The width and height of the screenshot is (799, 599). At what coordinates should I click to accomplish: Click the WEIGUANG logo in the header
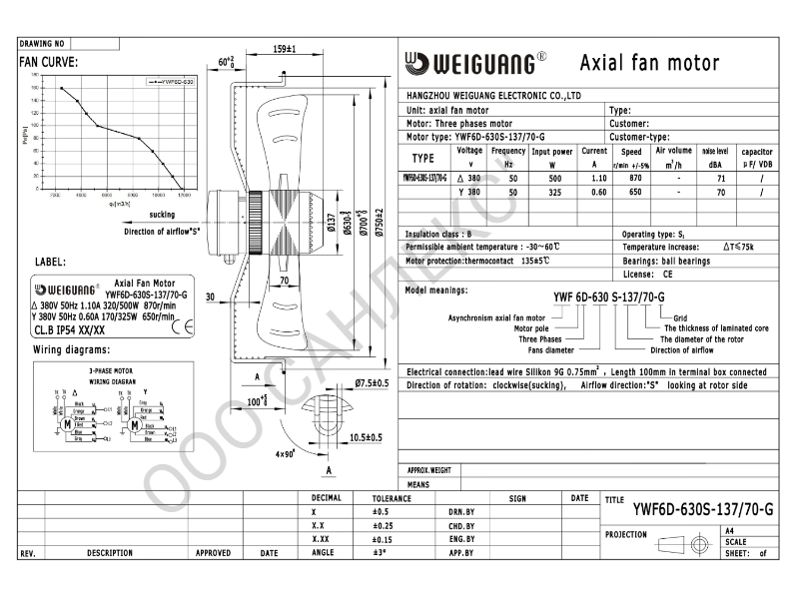click(474, 63)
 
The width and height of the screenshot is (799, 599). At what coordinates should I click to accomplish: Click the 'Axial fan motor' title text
click(649, 63)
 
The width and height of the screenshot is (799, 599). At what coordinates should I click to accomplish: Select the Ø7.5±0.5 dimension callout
click(372, 383)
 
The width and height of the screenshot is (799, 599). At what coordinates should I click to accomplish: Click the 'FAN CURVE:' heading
click(49, 61)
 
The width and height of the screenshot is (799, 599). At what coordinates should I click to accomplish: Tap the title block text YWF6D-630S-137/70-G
click(703, 509)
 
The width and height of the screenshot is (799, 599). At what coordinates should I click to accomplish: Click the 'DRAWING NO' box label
click(42, 44)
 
